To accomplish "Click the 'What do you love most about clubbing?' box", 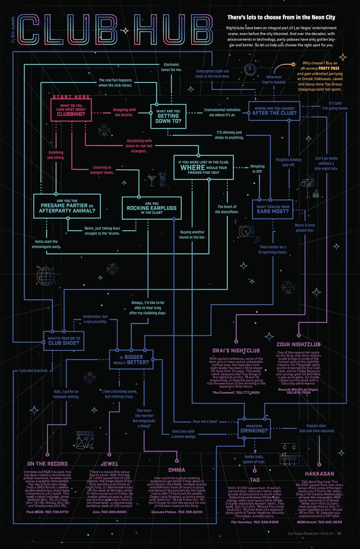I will [x=71, y=110].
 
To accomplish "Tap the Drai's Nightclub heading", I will [x=236, y=350].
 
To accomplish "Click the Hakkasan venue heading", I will [x=319, y=474].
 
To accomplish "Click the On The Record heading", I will [x=47, y=464].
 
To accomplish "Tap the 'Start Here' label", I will [x=71, y=97].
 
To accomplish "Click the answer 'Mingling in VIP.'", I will [x=257, y=169].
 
